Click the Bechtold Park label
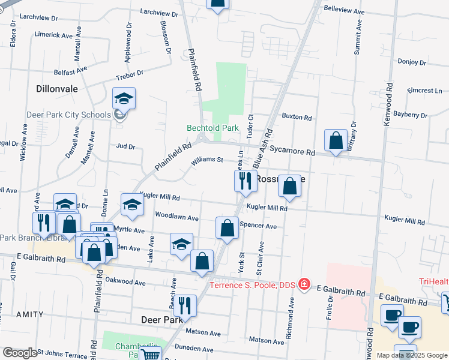coord(212,128)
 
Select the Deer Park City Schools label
coord(68,115)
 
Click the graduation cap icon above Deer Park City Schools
coord(124,98)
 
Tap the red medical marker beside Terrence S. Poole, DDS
coord(304,283)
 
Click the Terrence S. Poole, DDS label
coord(255,284)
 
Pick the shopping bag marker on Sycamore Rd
coord(336,140)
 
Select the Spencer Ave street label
coord(258,226)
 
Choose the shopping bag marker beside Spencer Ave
coord(227,228)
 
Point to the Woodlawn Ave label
coord(176,217)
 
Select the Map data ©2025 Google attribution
coord(411,355)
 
